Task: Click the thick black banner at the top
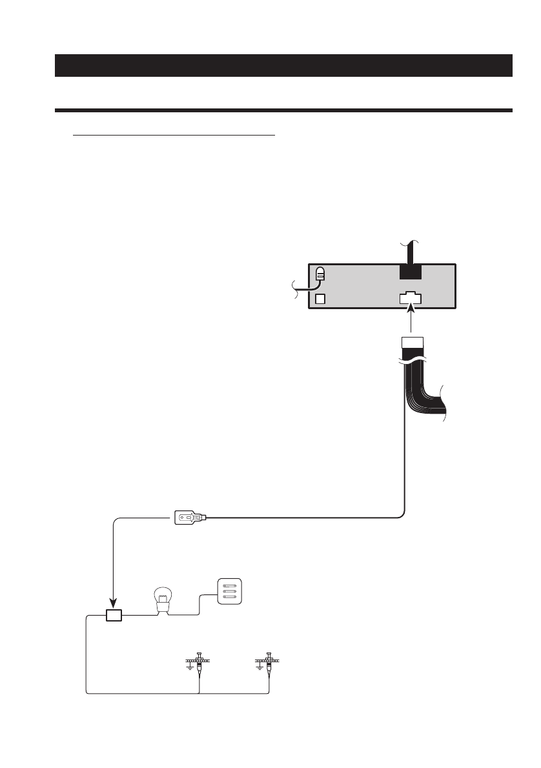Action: (283, 65)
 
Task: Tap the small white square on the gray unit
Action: (320, 299)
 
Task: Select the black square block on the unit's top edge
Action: (410, 271)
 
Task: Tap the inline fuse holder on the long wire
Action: (190, 518)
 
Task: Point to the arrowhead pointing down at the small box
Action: (114, 605)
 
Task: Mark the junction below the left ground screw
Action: (199, 694)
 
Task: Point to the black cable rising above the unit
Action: (410, 252)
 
